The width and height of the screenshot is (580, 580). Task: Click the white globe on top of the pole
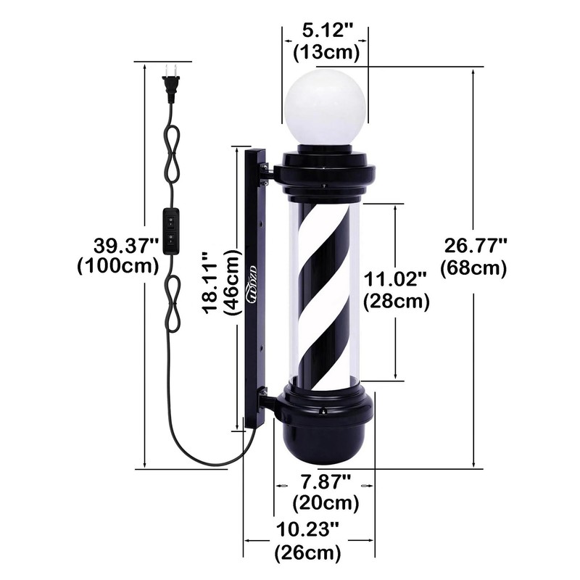click(x=326, y=109)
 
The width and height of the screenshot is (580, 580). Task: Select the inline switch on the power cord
click(x=170, y=231)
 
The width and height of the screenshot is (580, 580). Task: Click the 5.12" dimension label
click(x=326, y=32)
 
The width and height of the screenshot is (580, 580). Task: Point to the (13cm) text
click(x=326, y=51)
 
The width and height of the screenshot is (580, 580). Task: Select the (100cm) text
click(x=117, y=265)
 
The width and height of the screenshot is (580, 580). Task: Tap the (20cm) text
click(x=326, y=502)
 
